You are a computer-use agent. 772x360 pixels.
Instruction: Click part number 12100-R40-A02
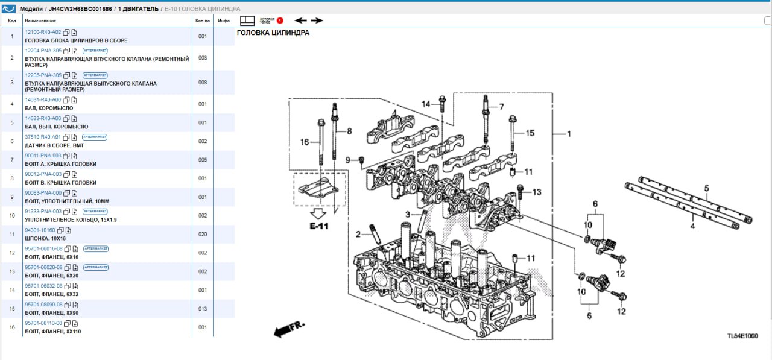43,32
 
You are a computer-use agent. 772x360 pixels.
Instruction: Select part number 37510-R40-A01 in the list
43,137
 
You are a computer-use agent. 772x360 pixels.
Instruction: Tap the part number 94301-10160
40,230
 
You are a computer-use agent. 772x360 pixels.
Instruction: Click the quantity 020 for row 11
203,235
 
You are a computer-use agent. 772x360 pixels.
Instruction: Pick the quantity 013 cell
203,309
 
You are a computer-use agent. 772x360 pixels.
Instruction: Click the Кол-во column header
203,21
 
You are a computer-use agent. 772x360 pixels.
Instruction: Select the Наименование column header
40,21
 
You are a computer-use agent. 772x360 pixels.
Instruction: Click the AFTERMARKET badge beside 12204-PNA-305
95,51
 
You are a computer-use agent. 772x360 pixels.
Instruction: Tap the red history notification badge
280,21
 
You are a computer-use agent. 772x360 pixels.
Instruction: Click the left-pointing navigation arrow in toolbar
300,21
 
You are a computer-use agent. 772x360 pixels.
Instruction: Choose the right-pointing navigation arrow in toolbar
317,21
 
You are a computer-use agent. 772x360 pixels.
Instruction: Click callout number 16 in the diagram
305,142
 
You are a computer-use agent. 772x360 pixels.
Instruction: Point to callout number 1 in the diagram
568,134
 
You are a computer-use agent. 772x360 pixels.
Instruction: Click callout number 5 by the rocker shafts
706,188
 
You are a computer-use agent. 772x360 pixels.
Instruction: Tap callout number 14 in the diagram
426,104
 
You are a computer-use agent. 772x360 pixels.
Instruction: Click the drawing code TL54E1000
742,336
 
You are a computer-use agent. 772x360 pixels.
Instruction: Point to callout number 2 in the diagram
358,234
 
